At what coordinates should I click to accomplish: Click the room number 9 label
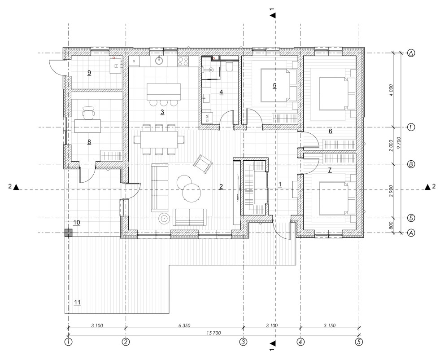[89, 73]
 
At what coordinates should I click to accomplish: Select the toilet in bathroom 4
[229, 66]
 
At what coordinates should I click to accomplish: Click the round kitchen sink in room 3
[160, 60]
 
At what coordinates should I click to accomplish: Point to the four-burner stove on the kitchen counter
[183, 61]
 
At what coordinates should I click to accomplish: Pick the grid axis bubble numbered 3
[243, 342]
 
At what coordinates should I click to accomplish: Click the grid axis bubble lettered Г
[411, 127]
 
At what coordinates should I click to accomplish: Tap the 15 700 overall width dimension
[214, 333]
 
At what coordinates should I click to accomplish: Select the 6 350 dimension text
[184, 326]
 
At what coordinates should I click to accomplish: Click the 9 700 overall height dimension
[399, 143]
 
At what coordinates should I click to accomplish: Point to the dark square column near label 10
[69, 233]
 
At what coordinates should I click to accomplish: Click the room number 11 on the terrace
[77, 303]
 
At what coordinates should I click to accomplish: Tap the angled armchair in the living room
[203, 163]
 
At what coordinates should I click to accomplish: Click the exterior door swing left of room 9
[56, 67]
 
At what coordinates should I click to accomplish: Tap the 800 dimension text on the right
[391, 225]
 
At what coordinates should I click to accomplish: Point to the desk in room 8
[87, 126]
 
